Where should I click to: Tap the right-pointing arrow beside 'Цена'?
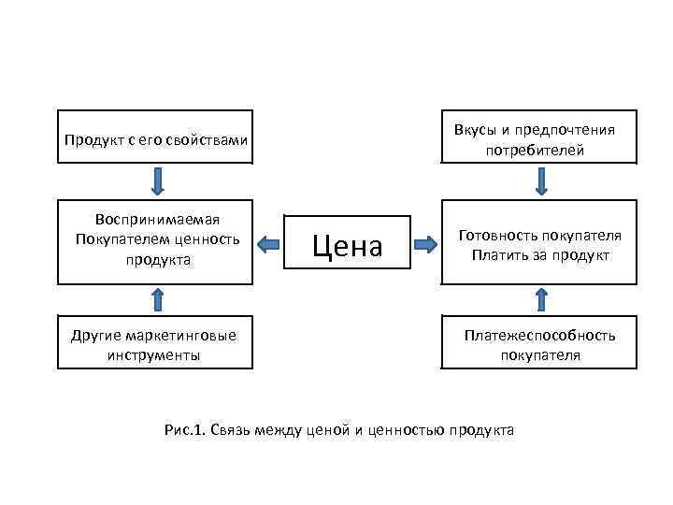point(426,245)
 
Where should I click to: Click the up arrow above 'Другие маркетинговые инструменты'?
point(157,298)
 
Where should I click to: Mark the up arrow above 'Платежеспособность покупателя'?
point(541,298)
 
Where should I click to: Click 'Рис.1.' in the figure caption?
point(184,429)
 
